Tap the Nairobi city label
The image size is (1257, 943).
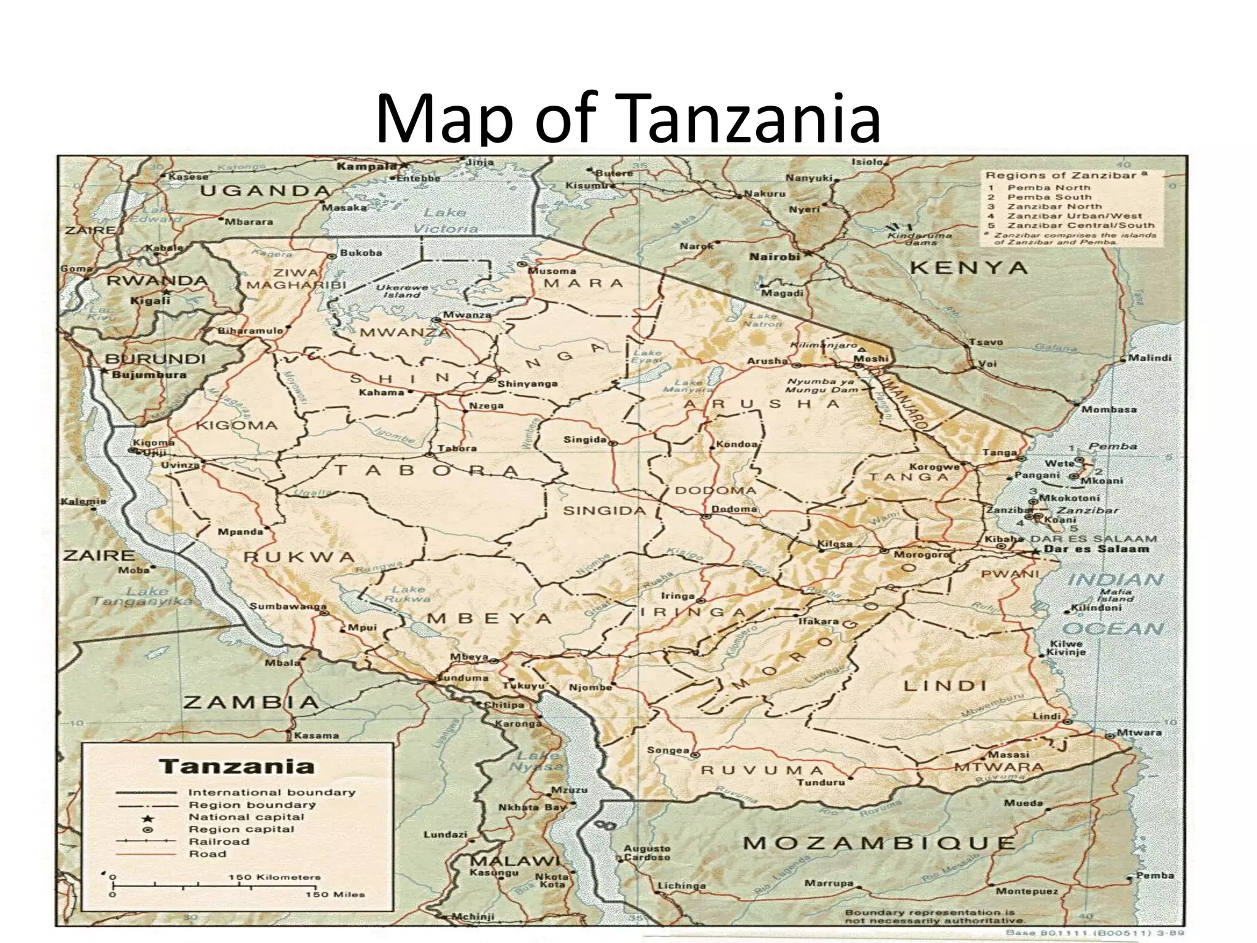pyautogui.click(x=775, y=257)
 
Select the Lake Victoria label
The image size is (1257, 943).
pyautogui.click(x=445, y=220)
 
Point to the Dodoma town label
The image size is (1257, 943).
pyautogui.click(x=735, y=509)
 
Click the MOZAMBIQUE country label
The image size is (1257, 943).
pyautogui.click(x=879, y=843)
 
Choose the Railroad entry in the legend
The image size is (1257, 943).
pyautogui.click(x=219, y=842)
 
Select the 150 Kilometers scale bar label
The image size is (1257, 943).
pyautogui.click(x=274, y=877)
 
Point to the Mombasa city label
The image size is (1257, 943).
pyautogui.click(x=1108, y=409)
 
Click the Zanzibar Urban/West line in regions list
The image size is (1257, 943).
pyautogui.click(x=1074, y=215)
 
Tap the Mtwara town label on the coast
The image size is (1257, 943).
pyautogui.click(x=1139, y=732)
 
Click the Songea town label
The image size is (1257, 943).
pyautogui.click(x=668, y=750)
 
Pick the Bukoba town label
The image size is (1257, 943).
pyautogui.click(x=361, y=252)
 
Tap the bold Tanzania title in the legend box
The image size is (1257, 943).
pyautogui.click(x=236, y=767)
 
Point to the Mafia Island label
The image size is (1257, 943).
pyautogui.click(x=1116, y=595)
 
